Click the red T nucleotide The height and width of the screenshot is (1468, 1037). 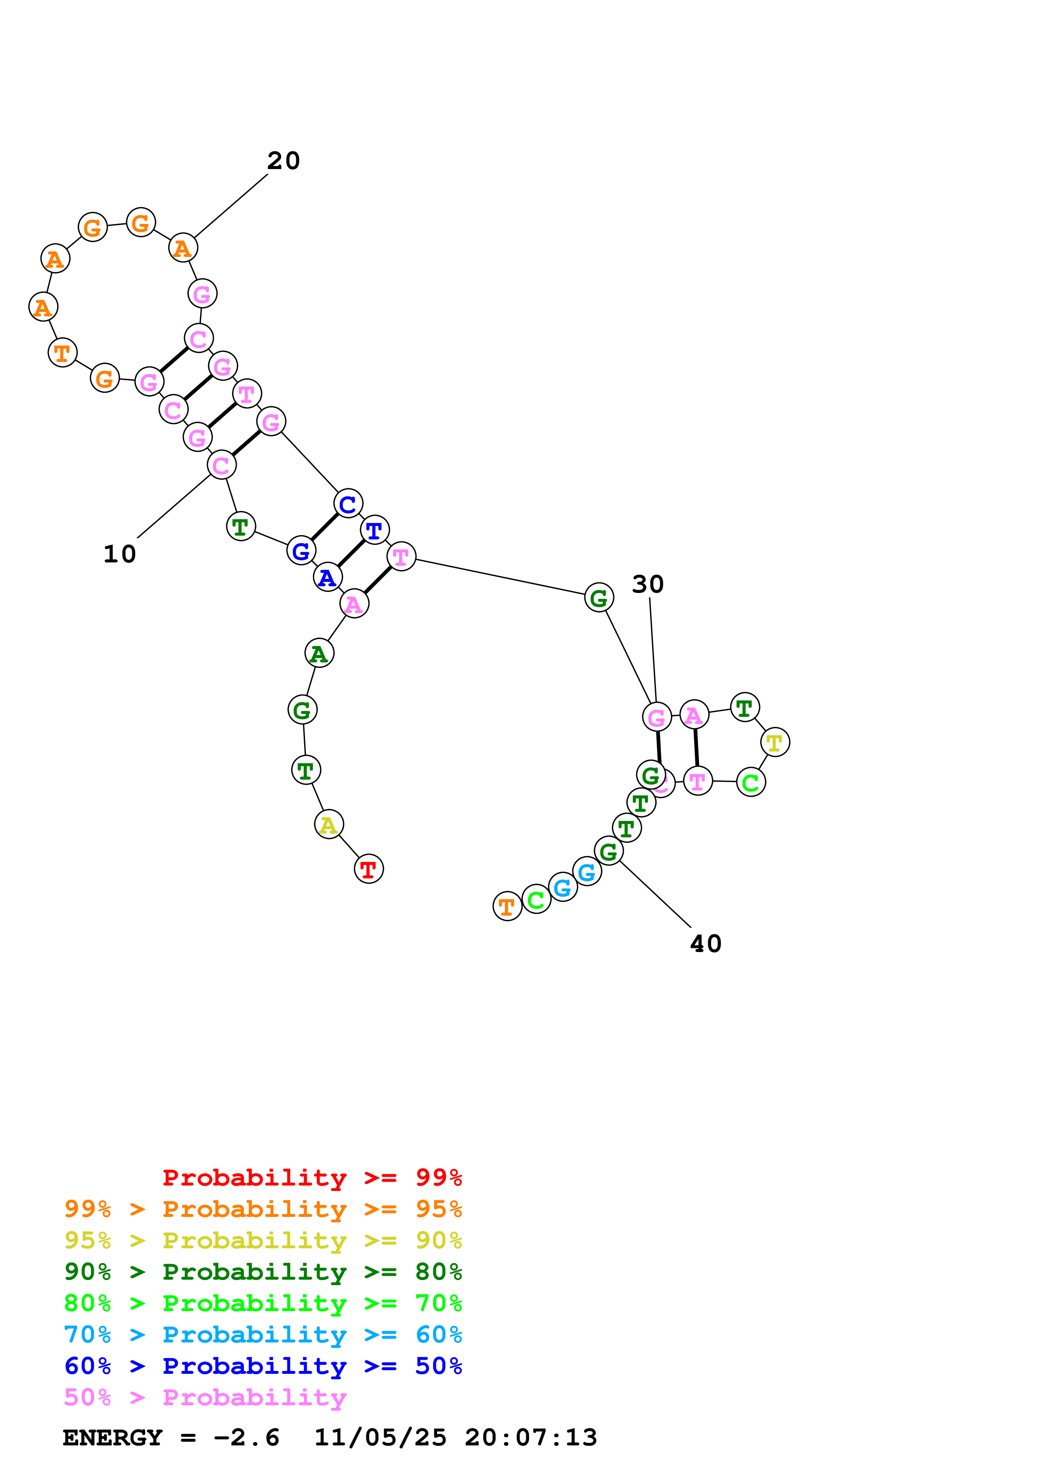[369, 869]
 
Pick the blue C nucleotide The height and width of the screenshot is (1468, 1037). [348, 504]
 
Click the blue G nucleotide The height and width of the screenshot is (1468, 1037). [301, 551]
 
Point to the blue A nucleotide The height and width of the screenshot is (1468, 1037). [327, 577]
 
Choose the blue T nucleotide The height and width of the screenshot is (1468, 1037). [374, 530]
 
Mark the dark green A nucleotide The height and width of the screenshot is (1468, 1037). [319, 653]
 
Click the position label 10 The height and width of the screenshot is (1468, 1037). [120, 554]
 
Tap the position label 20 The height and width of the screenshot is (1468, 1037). [283, 160]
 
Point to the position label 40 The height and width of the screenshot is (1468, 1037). [705, 944]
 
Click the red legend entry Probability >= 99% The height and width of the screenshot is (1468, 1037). [312, 1177]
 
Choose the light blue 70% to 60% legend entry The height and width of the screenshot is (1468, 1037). [263, 1335]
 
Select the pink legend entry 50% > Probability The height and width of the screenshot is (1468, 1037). [205, 1397]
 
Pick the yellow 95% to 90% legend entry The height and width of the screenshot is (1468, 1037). [263, 1240]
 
